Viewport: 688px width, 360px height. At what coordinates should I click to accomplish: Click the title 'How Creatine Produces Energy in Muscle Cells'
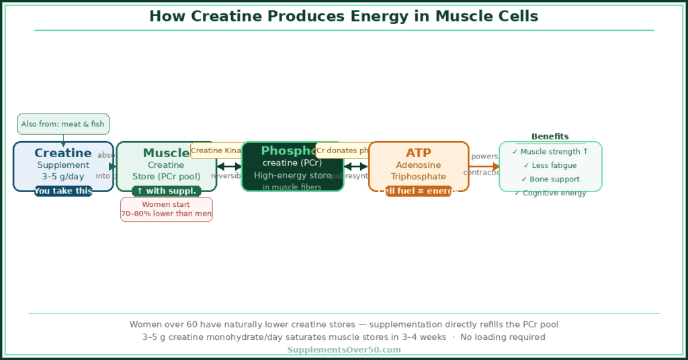[x=343, y=16]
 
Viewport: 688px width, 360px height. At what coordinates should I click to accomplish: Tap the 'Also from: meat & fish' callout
[x=63, y=124]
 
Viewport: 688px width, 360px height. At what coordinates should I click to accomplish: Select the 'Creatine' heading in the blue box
[x=63, y=153]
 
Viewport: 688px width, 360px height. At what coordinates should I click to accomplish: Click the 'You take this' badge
[x=63, y=191]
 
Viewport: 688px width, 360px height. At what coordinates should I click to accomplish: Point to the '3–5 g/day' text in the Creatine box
[x=63, y=177]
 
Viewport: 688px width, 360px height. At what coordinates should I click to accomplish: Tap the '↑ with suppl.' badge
[x=166, y=191]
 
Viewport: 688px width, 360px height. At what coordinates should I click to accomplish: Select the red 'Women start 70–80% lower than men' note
[x=166, y=210]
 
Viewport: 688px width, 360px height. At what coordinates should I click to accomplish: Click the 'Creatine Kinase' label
[x=216, y=150]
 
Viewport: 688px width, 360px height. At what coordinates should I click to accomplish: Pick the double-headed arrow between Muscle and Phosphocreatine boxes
[x=228, y=167]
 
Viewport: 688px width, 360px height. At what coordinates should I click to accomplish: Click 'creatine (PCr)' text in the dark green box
[x=292, y=163]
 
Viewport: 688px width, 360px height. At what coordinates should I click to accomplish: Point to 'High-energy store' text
[x=292, y=175]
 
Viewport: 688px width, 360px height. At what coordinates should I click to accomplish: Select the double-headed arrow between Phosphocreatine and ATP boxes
[x=356, y=167]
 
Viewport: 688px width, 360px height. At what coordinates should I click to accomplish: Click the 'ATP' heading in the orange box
[x=419, y=153]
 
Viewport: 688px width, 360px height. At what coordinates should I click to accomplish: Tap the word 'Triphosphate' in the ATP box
[x=419, y=177]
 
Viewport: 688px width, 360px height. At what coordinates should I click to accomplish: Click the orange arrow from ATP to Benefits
[x=484, y=167]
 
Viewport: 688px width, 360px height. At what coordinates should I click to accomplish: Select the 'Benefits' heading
[x=550, y=136]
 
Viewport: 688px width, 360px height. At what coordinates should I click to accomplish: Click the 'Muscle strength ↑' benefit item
[x=550, y=152]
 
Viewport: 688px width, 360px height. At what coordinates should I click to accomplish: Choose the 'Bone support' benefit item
[x=550, y=179]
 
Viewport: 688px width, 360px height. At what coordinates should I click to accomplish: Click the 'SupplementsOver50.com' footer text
[x=344, y=350]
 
